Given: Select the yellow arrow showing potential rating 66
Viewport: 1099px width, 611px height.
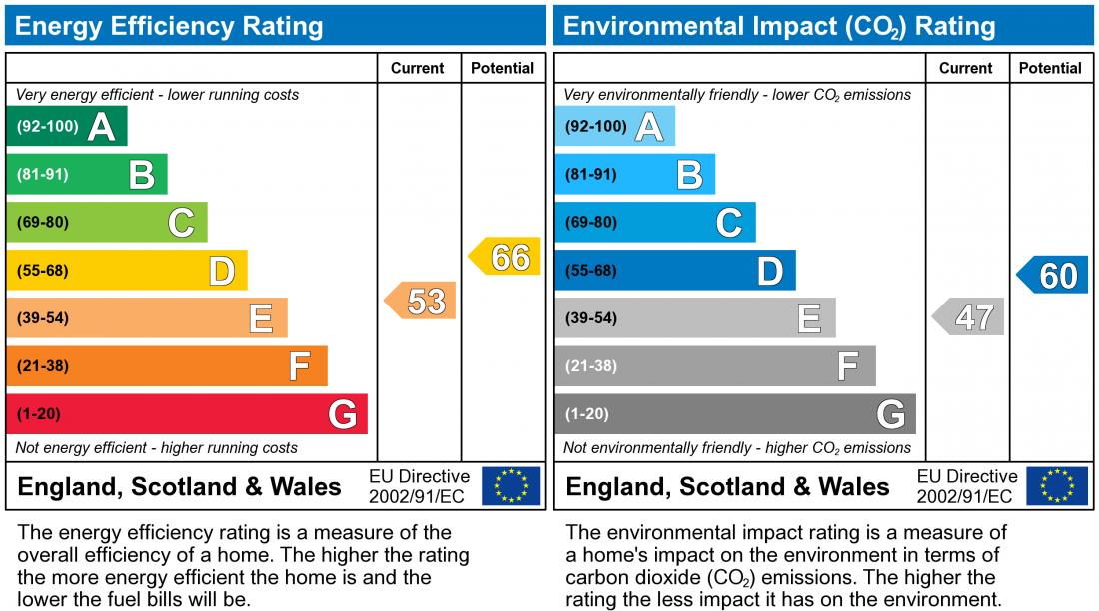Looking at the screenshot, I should (506, 257).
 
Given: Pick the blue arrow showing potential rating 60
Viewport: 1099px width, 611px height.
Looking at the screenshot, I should (1053, 275).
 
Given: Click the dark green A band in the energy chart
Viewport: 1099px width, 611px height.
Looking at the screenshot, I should (66, 127).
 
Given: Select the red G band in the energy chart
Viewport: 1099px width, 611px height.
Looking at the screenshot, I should (187, 414).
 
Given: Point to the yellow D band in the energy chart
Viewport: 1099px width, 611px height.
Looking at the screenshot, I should (127, 271).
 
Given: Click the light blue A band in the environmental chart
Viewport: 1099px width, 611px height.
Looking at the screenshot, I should (614, 127).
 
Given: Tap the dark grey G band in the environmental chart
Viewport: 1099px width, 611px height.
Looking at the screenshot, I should (734, 414).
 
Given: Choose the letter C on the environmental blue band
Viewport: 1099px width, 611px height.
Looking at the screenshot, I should (729, 223).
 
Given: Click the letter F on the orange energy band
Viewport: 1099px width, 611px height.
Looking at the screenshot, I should (299, 367).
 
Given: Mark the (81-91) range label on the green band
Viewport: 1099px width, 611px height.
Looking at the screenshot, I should (43, 175).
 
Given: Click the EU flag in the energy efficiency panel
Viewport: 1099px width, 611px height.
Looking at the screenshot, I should (510, 486).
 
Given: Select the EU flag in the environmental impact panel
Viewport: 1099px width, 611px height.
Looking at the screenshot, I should (1058, 486).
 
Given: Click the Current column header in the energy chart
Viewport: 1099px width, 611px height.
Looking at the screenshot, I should (418, 68).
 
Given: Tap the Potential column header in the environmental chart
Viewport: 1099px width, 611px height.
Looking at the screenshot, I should (1050, 68).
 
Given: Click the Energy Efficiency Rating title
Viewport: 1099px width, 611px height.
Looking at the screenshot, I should (169, 26).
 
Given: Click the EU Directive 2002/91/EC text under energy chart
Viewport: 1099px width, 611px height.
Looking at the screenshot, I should (419, 486).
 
